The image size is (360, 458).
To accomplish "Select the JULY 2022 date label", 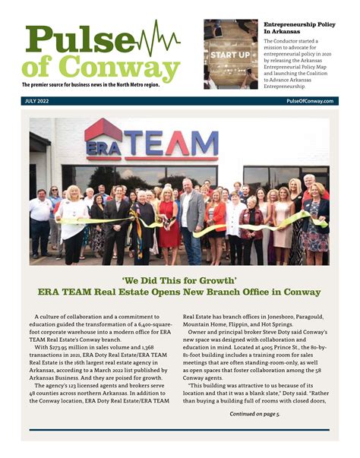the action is tap(38, 100).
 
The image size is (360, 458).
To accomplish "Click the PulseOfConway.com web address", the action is tap(310, 100).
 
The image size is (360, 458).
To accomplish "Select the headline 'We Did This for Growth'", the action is tap(179, 277).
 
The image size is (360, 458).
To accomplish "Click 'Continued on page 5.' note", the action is tap(254, 414).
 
